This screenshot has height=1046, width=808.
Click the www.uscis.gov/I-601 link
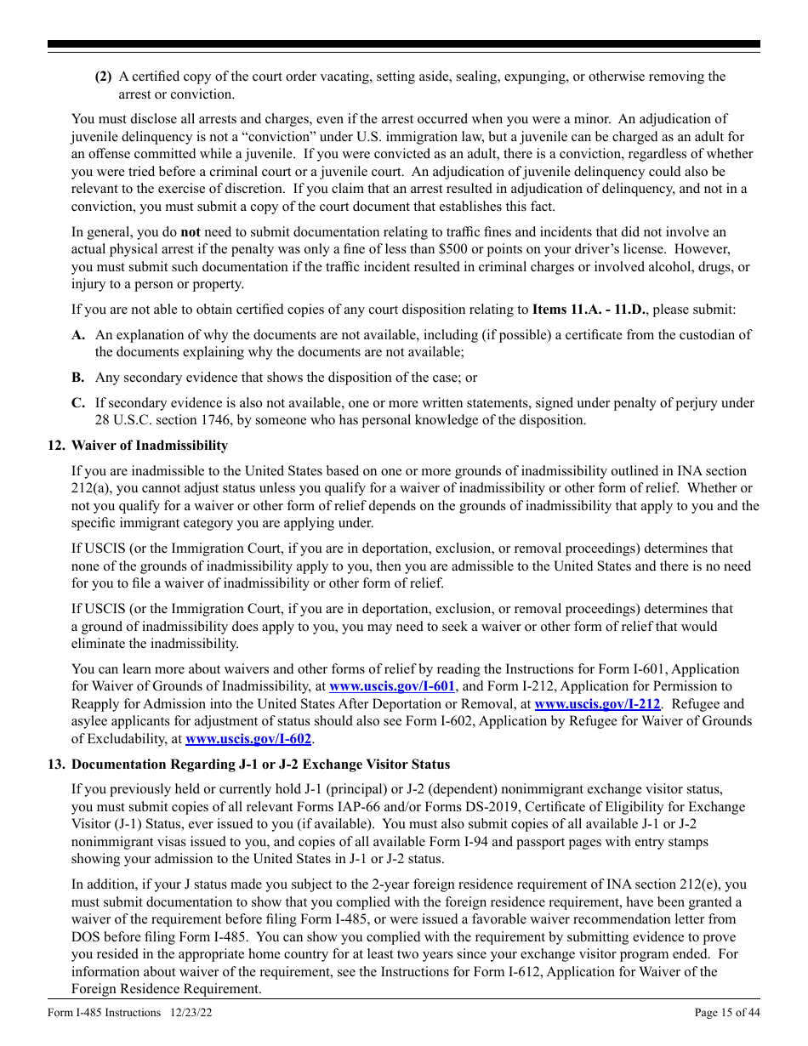click(x=392, y=686)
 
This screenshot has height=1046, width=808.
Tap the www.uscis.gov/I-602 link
click(x=248, y=739)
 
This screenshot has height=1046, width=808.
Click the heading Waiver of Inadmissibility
click(x=150, y=446)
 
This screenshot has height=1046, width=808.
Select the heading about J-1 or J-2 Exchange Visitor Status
click(x=260, y=765)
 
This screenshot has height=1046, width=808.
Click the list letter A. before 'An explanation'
click(x=78, y=335)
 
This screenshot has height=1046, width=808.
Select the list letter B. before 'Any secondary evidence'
click(x=78, y=378)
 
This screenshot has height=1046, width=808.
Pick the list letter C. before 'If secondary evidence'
click(x=78, y=403)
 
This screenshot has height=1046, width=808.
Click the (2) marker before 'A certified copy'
click(x=103, y=77)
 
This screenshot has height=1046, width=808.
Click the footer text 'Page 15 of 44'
click(x=727, y=1012)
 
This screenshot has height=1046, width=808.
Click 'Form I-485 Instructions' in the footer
click(x=105, y=1012)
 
